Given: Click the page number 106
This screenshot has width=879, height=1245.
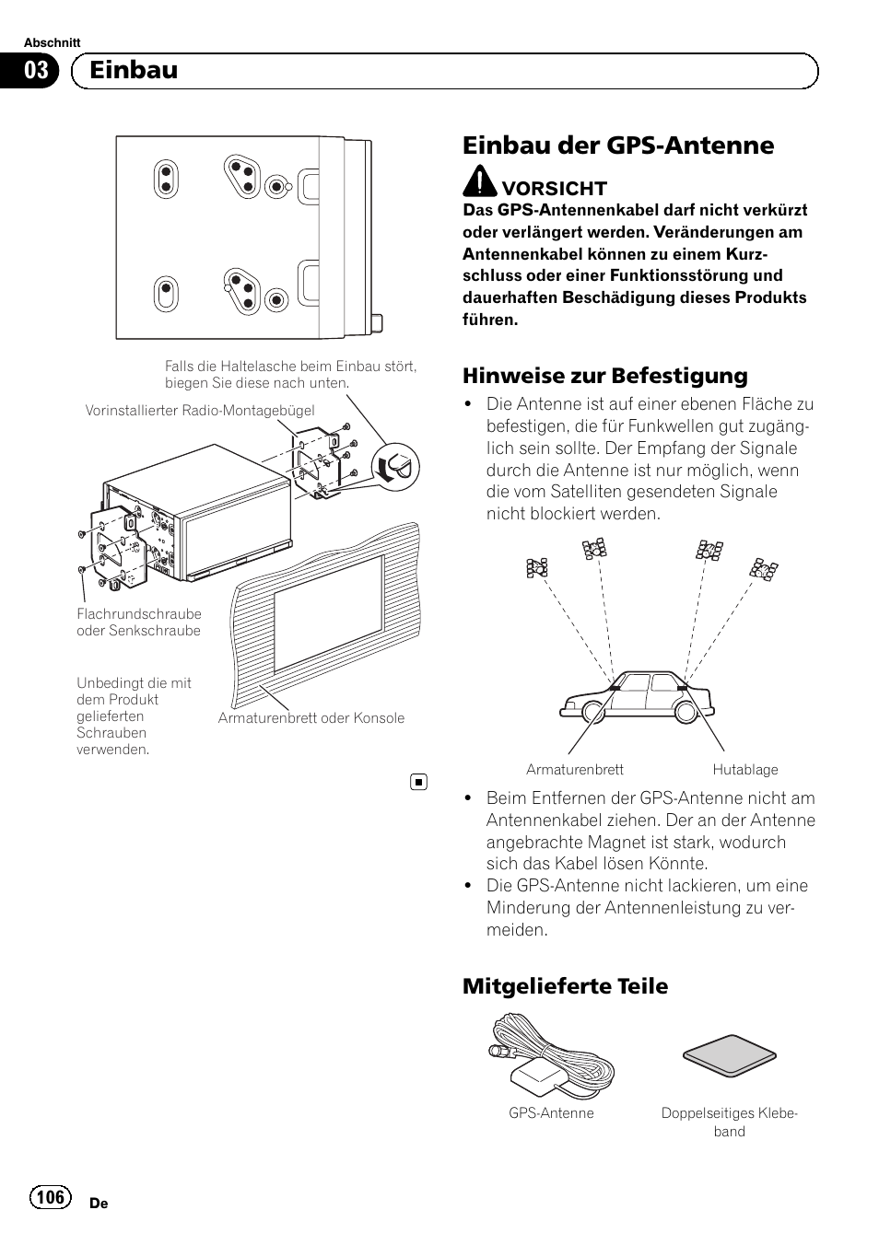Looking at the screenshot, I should (x=52, y=1196).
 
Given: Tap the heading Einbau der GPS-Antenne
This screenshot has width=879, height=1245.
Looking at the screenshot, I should (x=618, y=145).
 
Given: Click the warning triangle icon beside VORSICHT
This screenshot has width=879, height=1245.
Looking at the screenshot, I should (x=479, y=182).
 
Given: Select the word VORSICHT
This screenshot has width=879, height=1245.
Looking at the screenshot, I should (x=554, y=189).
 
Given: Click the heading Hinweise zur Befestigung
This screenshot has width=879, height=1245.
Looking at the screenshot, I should (x=605, y=376).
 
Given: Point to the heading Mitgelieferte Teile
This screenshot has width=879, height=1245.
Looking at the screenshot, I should (x=565, y=986).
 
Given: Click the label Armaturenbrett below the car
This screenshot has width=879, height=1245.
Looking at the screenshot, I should (x=574, y=770).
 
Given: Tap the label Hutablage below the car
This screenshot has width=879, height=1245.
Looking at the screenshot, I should (x=744, y=770).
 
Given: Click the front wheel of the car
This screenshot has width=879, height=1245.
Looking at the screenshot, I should (x=593, y=712).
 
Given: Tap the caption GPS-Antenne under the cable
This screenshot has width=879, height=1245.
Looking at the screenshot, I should (x=551, y=1113).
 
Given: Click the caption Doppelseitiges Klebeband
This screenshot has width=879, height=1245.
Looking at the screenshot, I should (x=729, y=1122).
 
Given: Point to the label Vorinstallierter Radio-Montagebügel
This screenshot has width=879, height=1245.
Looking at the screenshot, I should (x=200, y=411).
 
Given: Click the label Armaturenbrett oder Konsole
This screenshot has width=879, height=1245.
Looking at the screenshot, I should (x=311, y=718).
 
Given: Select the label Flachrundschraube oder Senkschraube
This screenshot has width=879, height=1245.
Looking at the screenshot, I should (x=139, y=622).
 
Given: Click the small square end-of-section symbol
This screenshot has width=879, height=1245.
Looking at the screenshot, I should (x=417, y=782).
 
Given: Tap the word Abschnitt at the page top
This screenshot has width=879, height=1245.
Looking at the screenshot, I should (x=52, y=43).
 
